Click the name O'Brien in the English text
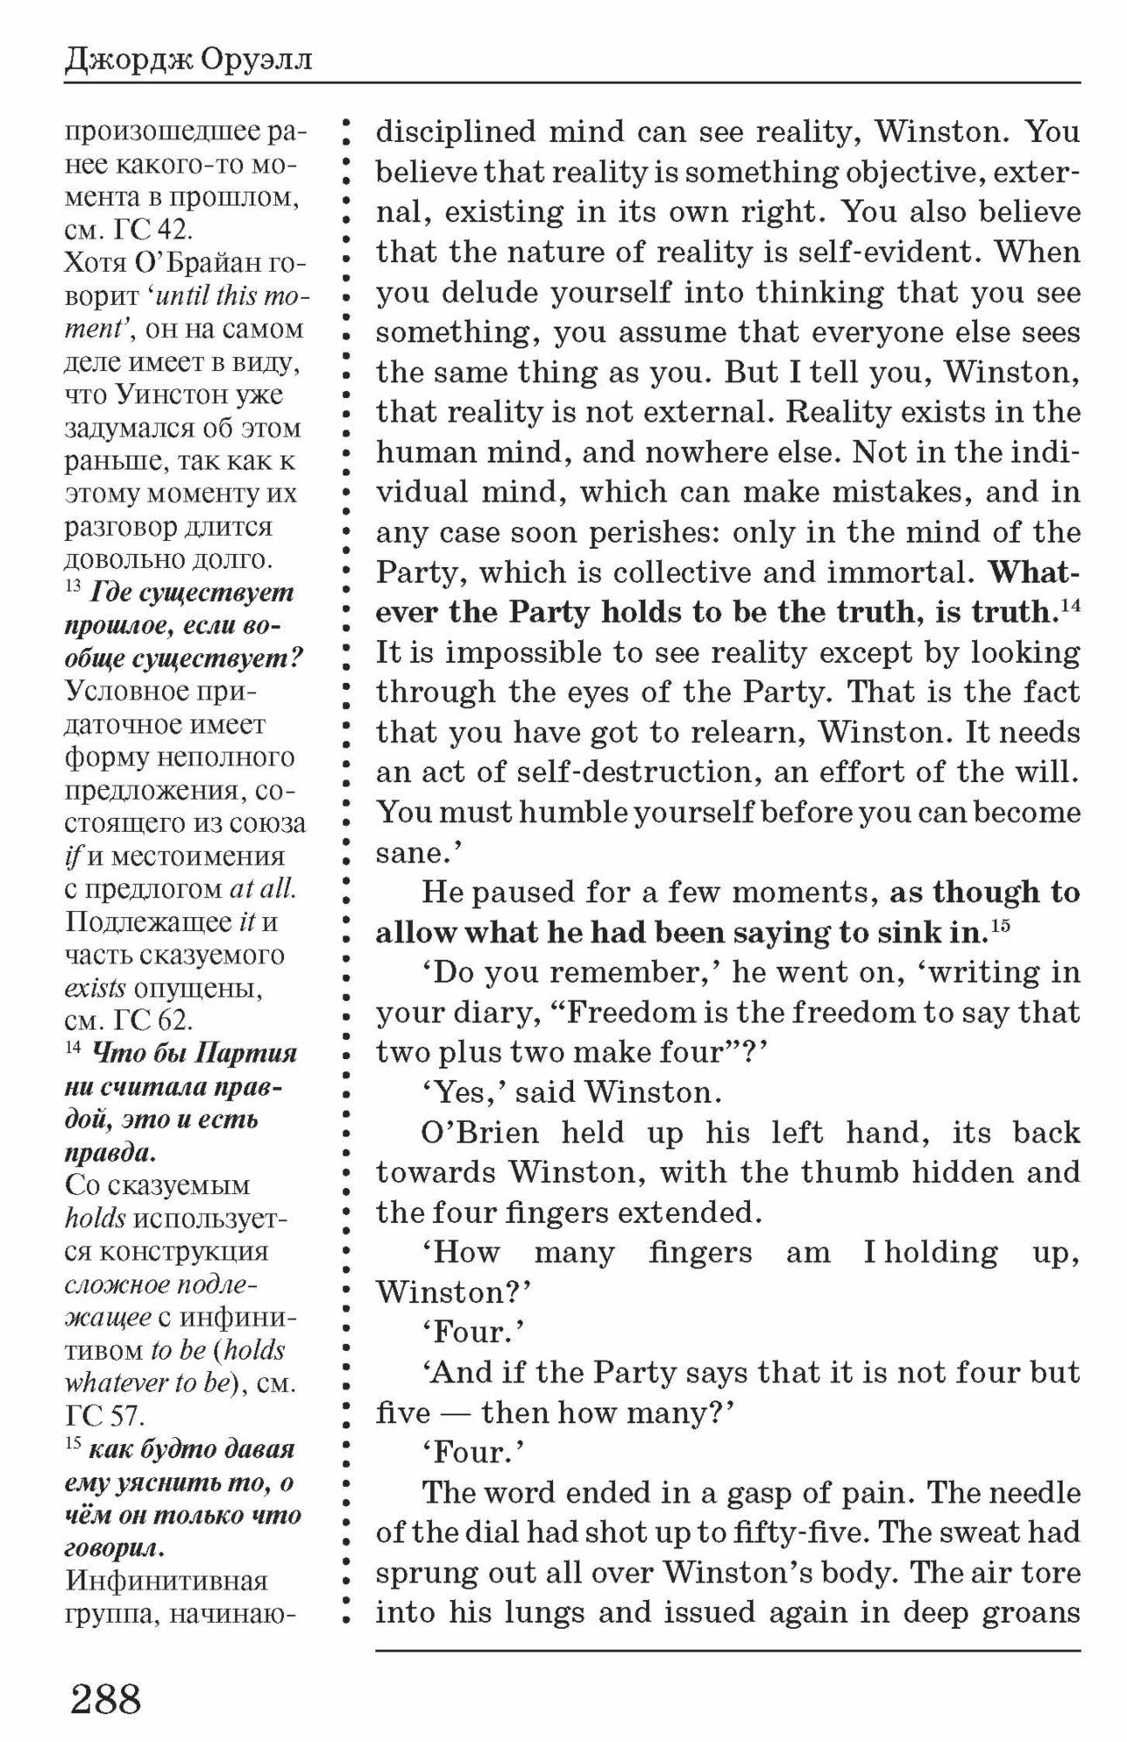click(x=480, y=1132)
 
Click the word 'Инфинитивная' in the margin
click(x=166, y=1581)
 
